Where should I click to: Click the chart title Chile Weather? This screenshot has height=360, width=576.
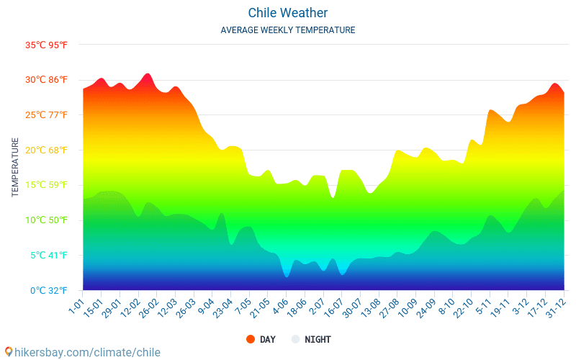point(288,13)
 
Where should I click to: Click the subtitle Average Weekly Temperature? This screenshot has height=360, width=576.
point(288,30)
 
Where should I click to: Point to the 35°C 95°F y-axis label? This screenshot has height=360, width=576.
point(46,45)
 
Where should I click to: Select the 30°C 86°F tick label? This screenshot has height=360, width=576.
point(46,80)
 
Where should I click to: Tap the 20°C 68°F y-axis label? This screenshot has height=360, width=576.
point(46,150)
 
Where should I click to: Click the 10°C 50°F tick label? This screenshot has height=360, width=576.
point(46,220)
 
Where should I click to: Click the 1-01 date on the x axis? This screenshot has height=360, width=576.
point(76,304)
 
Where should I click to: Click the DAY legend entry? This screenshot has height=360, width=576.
point(267,339)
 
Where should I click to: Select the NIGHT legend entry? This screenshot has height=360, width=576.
point(318,339)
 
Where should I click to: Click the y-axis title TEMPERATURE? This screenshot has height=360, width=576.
point(15,167)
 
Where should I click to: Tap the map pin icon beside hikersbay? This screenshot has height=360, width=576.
point(9,351)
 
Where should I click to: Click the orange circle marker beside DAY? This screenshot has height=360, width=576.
point(251,339)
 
